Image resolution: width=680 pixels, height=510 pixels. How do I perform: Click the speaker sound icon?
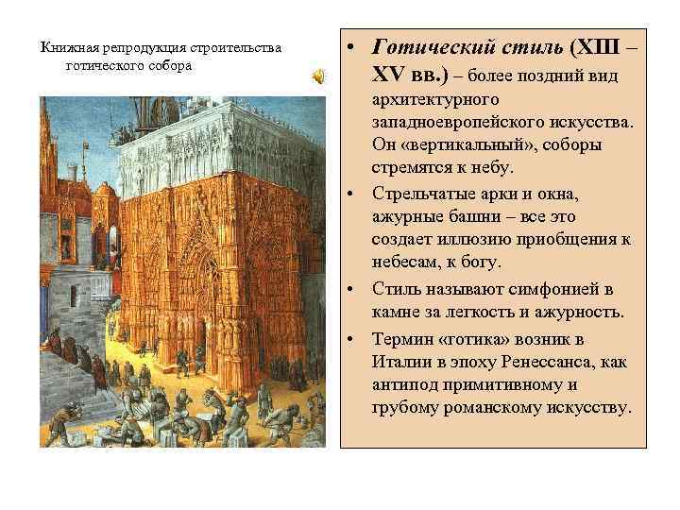click(320, 75)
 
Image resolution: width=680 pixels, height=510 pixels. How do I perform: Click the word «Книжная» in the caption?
click(65, 47)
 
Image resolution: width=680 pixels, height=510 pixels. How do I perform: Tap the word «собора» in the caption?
click(170, 65)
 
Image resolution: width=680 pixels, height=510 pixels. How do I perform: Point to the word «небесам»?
click(404, 265)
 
